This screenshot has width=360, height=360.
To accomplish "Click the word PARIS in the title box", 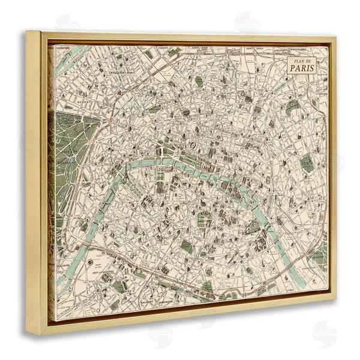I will (304, 67).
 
